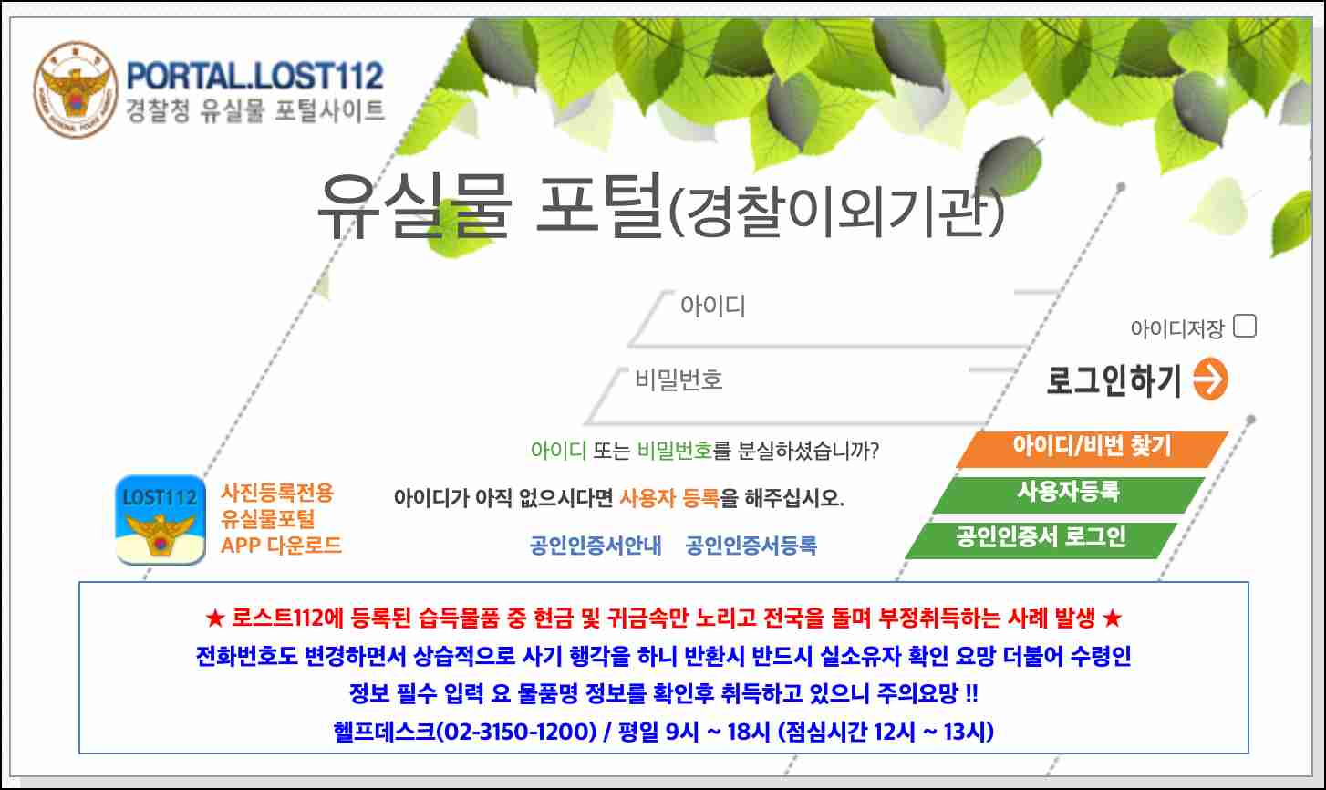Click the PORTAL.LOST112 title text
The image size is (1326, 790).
[x=254, y=76]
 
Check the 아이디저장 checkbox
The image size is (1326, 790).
[x=1244, y=326]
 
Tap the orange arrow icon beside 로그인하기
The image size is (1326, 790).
[x=1210, y=380]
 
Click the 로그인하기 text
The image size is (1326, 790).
[x=1114, y=380]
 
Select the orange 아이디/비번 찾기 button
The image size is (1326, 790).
[x=1092, y=447]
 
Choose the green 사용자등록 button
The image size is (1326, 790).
[x=1068, y=493]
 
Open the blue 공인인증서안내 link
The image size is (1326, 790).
[x=596, y=546]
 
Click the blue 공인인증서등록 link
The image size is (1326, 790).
[x=751, y=546]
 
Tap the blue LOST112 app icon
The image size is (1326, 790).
[x=161, y=519]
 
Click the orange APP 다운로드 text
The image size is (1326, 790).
[x=281, y=546]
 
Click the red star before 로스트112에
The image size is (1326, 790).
[x=214, y=618]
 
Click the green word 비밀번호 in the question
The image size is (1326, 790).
[x=675, y=450]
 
